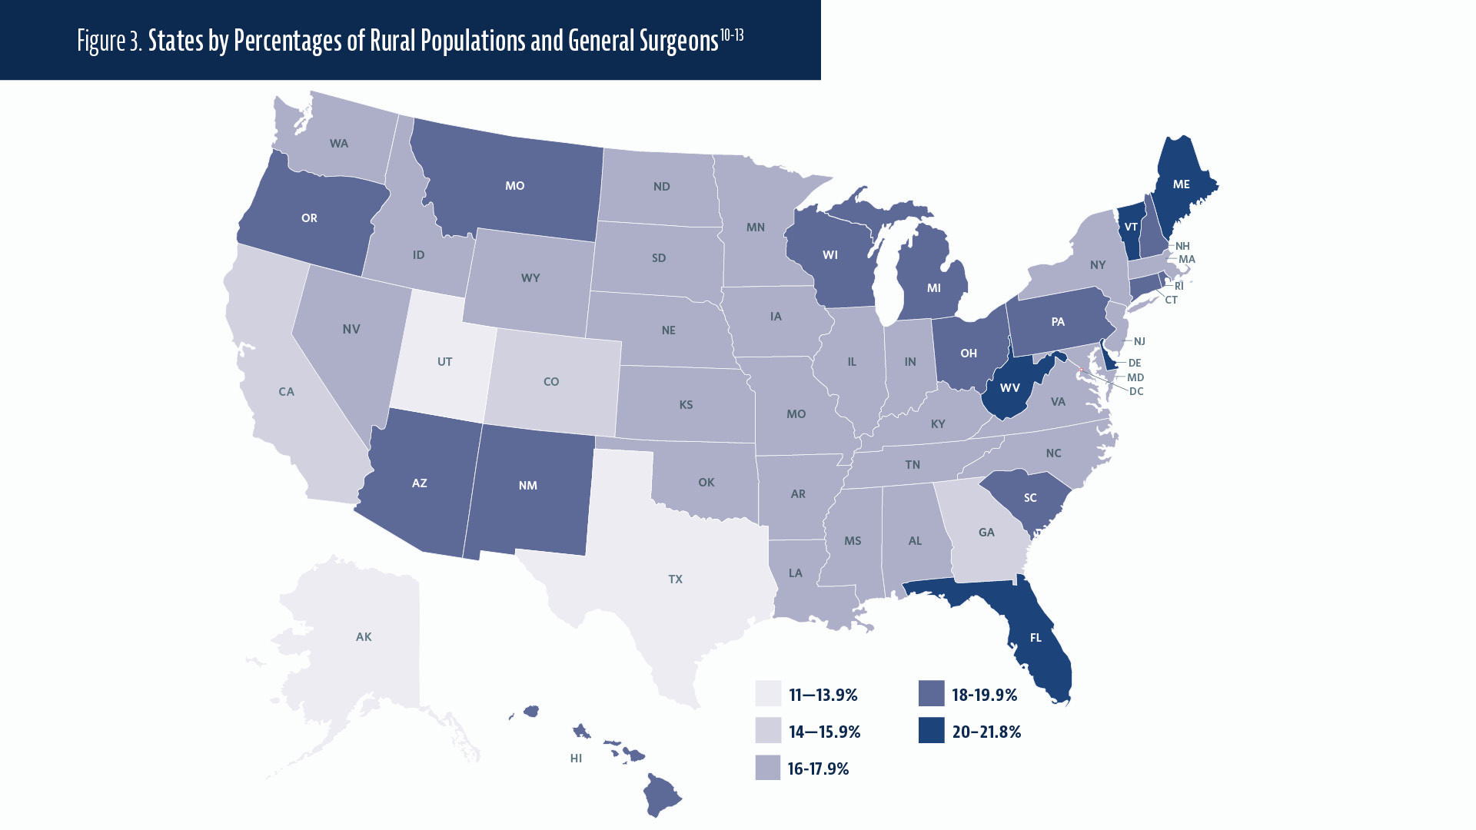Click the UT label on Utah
[x=444, y=361]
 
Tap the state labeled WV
[x=1009, y=388]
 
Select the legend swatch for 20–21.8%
[x=931, y=731]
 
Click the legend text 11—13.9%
[x=823, y=696]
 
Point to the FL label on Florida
[x=1036, y=638]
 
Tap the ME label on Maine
[x=1181, y=184]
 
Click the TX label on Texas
[x=675, y=579]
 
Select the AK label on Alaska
[x=364, y=637]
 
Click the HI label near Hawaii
[x=576, y=759]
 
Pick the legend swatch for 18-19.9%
[x=931, y=694]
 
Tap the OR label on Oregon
[x=309, y=218]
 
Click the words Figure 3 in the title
[x=109, y=41]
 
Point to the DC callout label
[x=1136, y=391]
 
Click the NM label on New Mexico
[x=527, y=486]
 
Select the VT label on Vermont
[x=1131, y=227]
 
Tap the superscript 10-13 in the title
[x=732, y=35]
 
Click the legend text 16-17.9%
[x=818, y=769]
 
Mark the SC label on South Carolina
[x=1030, y=498]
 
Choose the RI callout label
[x=1178, y=286]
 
